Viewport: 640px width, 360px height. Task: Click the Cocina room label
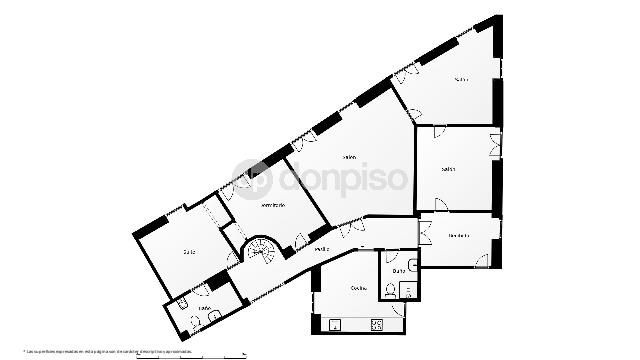point(358,288)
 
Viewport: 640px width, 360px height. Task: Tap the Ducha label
point(398,271)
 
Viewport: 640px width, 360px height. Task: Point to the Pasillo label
point(322,248)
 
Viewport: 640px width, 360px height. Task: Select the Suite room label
point(188,252)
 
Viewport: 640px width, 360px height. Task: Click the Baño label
point(204,308)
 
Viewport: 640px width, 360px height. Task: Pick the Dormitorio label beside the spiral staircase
point(273,205)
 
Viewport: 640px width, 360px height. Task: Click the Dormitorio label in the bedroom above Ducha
point(459,235)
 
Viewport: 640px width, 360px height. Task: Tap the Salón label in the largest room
point(348,157)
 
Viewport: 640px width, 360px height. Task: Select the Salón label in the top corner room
point(461,80)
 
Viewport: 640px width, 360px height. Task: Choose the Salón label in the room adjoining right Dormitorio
point(449,168)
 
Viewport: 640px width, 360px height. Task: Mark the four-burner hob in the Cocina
point(378,324)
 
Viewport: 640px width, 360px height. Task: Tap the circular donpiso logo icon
point(249,177)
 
